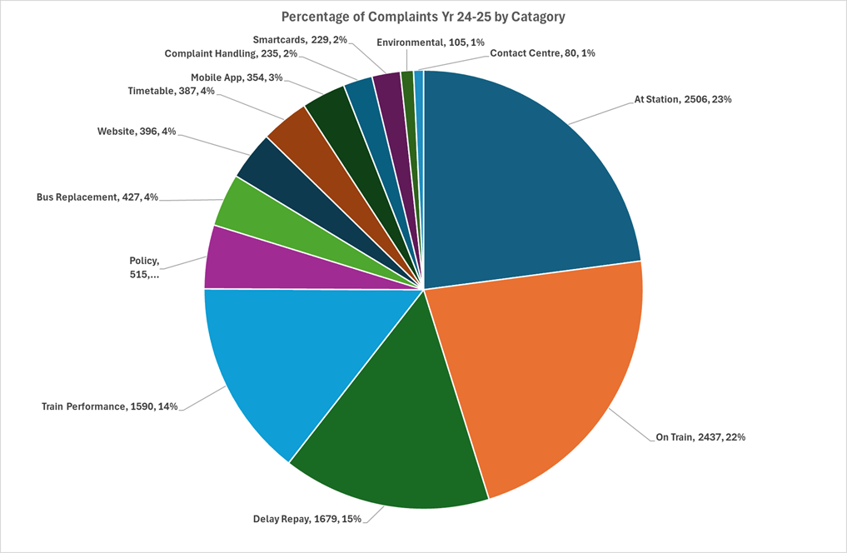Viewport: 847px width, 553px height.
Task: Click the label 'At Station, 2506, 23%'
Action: point(683,99)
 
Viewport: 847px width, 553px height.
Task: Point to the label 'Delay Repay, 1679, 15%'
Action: point(307,519)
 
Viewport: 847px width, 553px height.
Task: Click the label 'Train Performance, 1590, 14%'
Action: point(109,407)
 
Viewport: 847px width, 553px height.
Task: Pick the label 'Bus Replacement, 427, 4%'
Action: point(97,197)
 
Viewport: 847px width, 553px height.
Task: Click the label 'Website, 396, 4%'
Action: point(136,132)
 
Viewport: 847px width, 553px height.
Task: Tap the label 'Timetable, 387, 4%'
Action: point(171,91)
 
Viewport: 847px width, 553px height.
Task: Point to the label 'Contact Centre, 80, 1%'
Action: point(542,52)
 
